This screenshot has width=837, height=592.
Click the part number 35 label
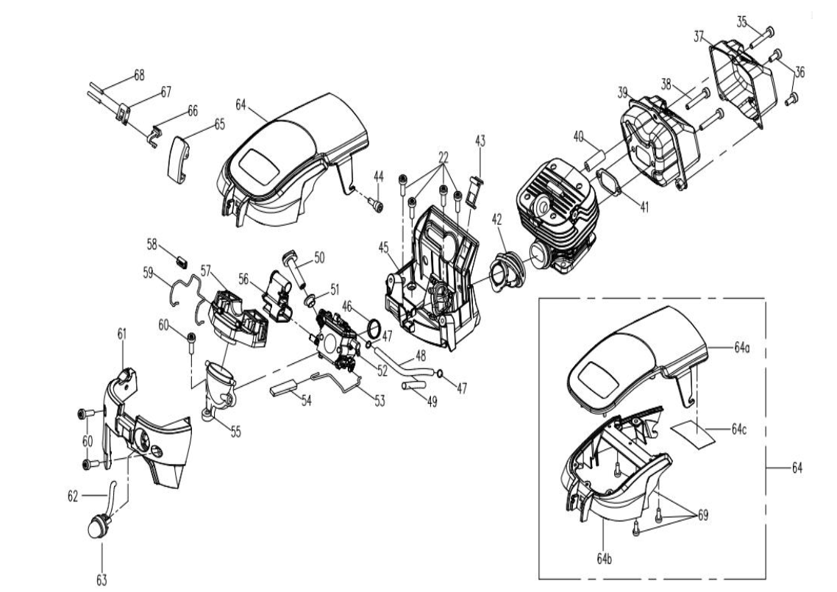[x=741, y=22]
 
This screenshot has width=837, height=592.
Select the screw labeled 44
[x=376, y=204]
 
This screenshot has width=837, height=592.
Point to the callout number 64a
[x=742, y=348]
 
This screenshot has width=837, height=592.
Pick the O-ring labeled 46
[x=374, y=327]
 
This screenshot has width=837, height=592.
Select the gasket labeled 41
[x=610, y=182]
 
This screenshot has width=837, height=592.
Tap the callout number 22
[x=444, y=157]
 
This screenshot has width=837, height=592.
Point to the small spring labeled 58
[x=182, y=260]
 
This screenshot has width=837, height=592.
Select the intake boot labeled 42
[x=505, y=271]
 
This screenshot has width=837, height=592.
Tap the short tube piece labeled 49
[x=412, y=385]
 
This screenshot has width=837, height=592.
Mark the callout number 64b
[x=605, y=559]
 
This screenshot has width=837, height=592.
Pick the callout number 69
[x=703, y=515]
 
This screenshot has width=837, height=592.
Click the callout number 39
[x=623, y=93]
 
